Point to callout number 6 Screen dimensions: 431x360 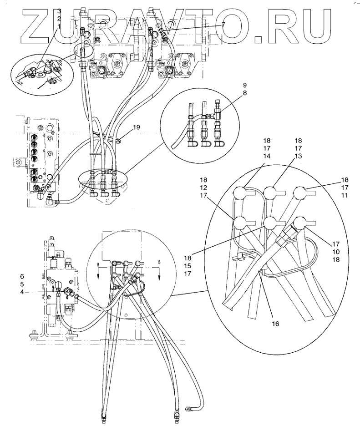coord(21,276)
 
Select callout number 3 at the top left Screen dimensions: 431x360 coord(59,10)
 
